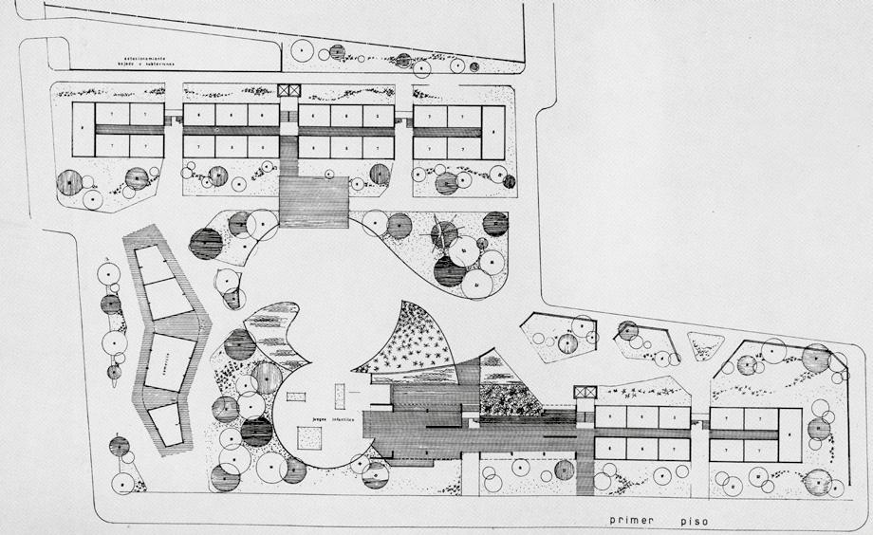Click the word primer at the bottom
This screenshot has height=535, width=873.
(633, 522)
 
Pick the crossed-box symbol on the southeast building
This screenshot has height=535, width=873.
(586, 393)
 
